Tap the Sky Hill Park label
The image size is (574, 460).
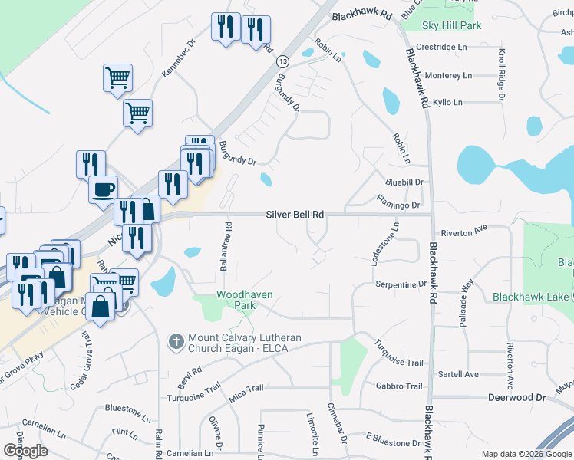click(x=452, y=25)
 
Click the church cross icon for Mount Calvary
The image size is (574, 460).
click(x=176, y=340)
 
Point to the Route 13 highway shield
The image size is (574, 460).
click(x=283, y=61)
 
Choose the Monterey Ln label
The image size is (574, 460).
click(x=448, y=75)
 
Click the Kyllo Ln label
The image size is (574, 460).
click(x=448, y=102)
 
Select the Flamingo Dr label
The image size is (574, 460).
click(x=398, y=205)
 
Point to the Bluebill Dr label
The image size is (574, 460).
click(x=404, y=182)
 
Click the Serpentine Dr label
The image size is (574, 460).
click(x=401, y=284)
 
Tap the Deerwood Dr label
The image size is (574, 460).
click(x=516, y=398)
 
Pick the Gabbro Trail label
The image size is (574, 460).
click(x=399, y=386)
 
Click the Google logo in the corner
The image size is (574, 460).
click(x=25, y=451)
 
